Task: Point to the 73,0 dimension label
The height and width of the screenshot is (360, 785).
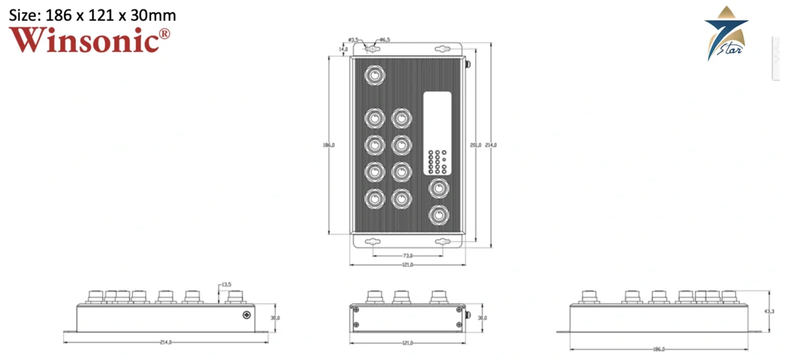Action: coord(406,255)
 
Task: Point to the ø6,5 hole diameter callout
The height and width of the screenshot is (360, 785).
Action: coord(385,40)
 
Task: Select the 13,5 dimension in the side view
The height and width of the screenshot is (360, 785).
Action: coord(226,285)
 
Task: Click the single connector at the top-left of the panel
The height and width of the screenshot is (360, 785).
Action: coord(374,76)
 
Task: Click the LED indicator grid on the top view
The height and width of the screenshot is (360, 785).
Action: coord(436,161)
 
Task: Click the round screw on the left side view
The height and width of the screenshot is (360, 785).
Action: coord(247,315)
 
